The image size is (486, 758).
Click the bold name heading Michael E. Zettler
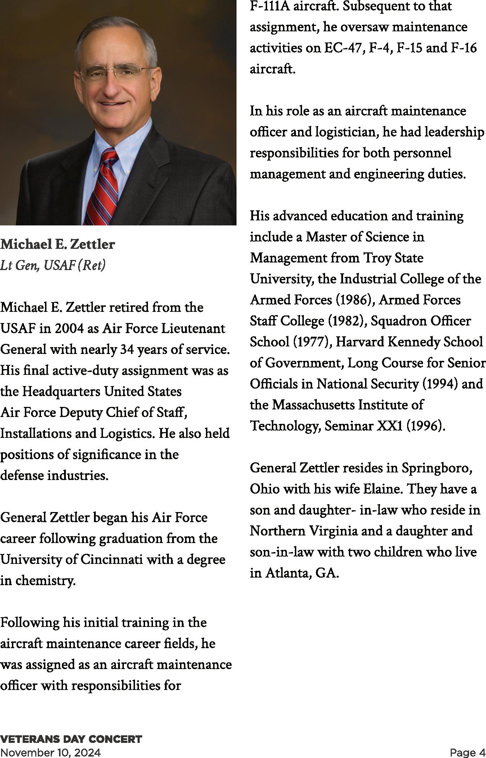coord(58,244)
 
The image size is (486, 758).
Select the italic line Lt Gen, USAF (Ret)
coord(53,265)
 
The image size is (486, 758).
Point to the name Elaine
coord(383,489)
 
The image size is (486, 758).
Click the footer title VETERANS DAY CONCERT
coord(71,739)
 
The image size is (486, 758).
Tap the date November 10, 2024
coord(50,752)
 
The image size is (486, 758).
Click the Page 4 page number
coord(467,752)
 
